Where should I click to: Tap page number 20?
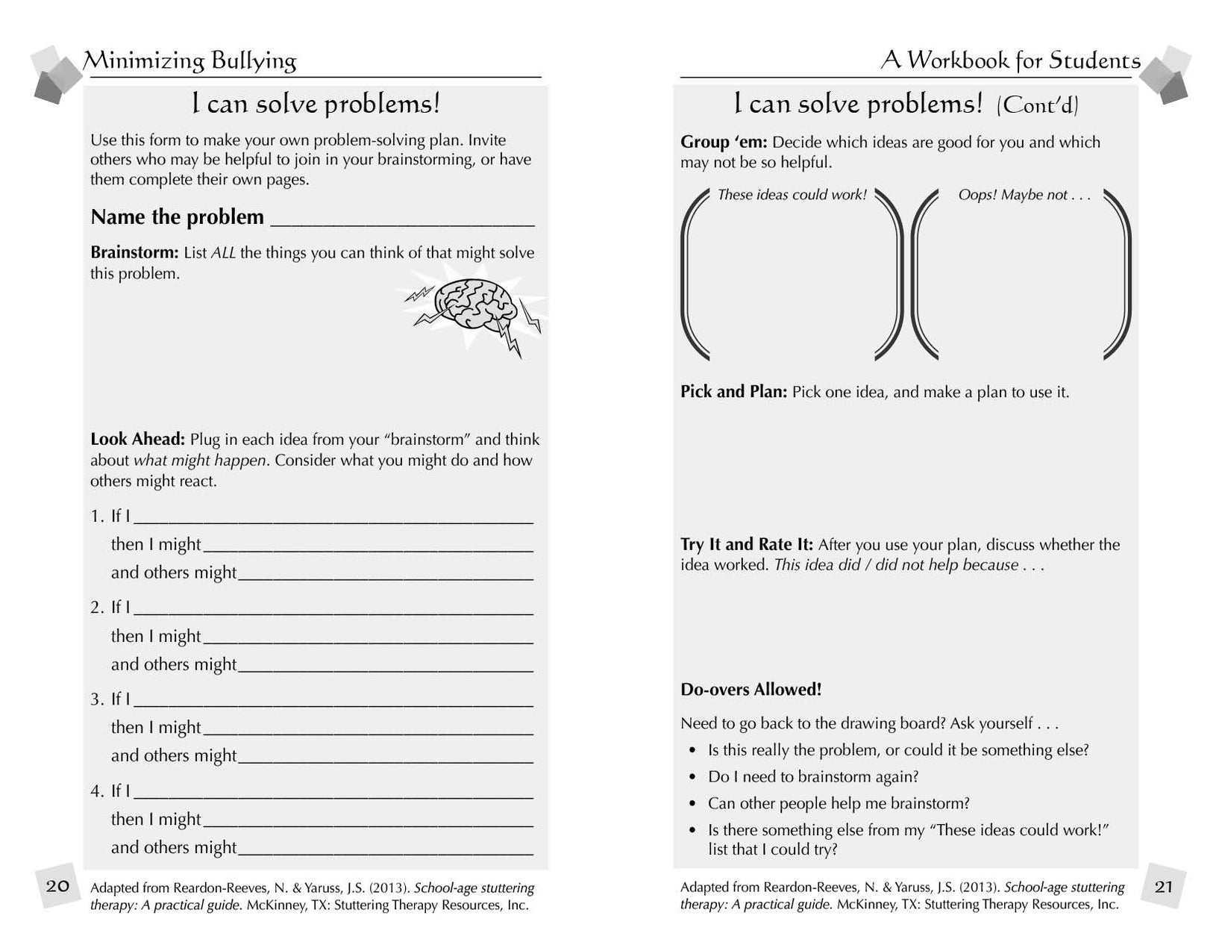tap(57, 886)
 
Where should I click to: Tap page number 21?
tap(1163, 886)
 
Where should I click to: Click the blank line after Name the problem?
tap(403, 219)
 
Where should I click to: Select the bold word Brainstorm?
tap(134, 253)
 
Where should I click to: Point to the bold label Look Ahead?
tap(137, 440)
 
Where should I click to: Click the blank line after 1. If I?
tap(333, 517)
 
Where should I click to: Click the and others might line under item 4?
tap(385, 848)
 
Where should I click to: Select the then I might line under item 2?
tap(368, 637)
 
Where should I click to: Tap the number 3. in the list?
tap(97, 699)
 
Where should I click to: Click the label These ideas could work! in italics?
tap(792, 195)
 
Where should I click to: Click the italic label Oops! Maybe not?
tap(1024, 195)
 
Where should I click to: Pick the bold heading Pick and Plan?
tap(733, 392)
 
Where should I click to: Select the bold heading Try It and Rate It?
tap(746, 545)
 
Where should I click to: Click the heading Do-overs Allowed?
tap(751, 690)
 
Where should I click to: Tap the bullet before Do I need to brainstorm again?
tap(693, 777)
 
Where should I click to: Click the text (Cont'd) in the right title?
tap(1037, 105)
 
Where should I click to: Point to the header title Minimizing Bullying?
tap(190, 60)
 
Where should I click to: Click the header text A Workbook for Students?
tap(1010, 60)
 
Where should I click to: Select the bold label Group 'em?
tap(723, 143)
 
